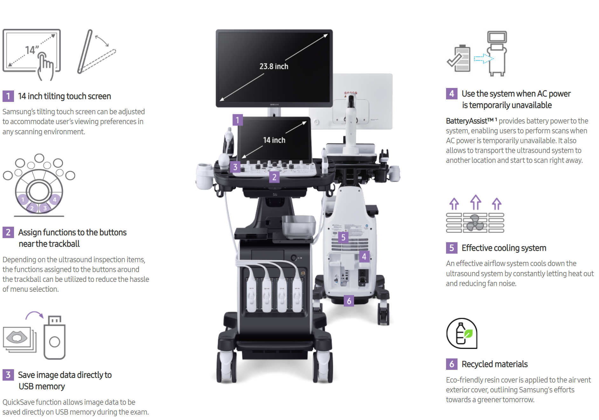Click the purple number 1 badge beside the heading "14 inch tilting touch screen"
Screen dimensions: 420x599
(x=8, y=96)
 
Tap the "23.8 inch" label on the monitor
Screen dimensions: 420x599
(x=274, y=66)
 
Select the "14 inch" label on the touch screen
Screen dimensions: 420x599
(x=274, y=140)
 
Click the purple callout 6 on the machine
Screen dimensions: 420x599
(x=349, y=301)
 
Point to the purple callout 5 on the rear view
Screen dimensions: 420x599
(x=343, y=237)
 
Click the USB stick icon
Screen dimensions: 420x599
(x=54, y=338)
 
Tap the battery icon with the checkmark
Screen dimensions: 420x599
(x=459, y=59)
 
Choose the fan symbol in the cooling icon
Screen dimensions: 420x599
(x=475, y=223)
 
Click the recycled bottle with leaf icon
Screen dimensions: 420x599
(x=462, y=333)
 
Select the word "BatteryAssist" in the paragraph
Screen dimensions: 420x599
(x=467, y=121)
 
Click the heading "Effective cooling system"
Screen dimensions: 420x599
(x=504, y=248)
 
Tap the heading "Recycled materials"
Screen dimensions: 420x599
(x=494, y=364)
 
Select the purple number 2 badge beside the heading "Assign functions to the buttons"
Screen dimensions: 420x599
(x=8, y=232)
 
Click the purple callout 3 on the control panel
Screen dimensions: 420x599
(x=235, y=167)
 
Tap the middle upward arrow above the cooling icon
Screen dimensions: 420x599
(x=476, y=202)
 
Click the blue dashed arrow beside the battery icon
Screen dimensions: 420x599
(x=483, y=59)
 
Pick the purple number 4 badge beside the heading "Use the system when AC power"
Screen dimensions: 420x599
(x=451, y=94)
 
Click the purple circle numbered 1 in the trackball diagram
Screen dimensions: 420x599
(x=23, y=200)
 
